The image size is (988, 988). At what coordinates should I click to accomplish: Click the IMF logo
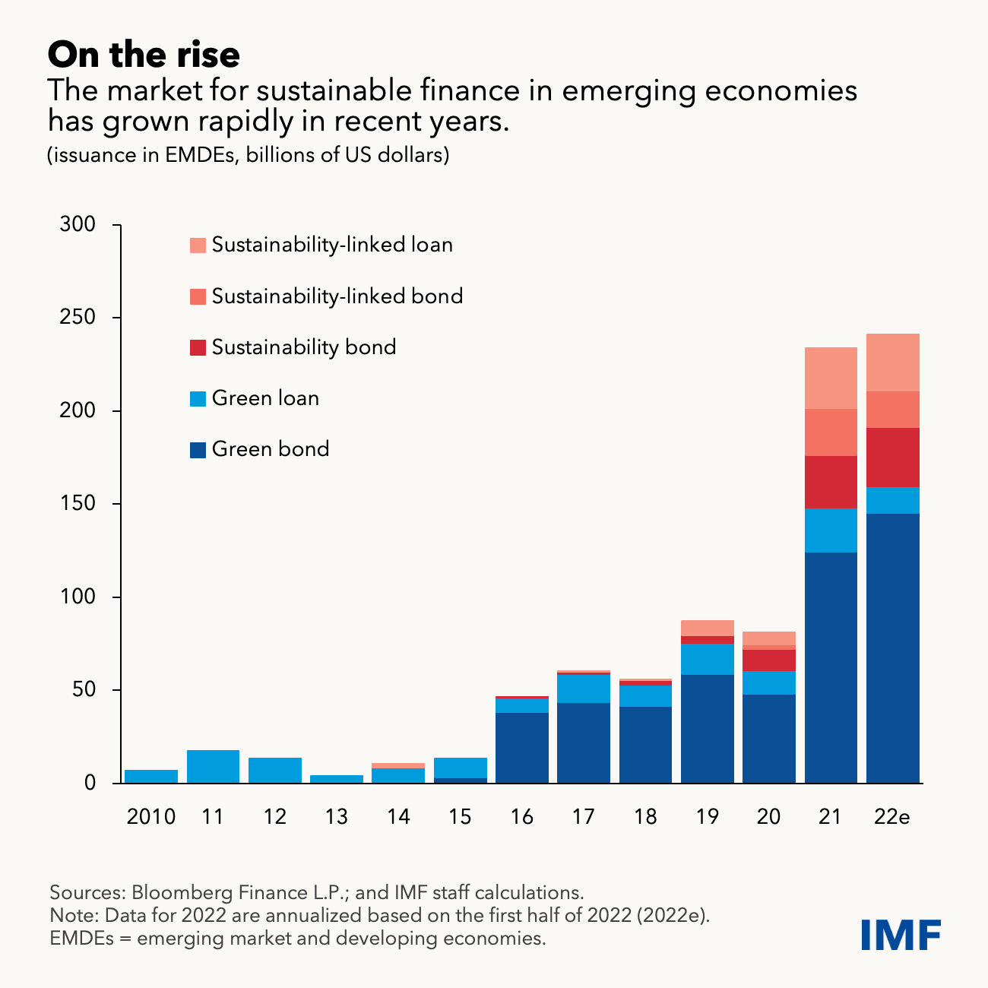(901, 934)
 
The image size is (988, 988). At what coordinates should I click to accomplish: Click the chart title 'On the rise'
(144, 55)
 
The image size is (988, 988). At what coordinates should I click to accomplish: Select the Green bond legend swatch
(198, 450)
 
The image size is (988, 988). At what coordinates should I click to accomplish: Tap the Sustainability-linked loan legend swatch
(198, 245)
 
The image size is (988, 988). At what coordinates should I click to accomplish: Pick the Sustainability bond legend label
(304, 347)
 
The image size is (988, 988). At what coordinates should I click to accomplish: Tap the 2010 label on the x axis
(150, 817)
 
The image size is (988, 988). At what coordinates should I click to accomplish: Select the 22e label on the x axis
(892, 817)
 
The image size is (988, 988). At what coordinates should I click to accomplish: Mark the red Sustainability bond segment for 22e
(893, 458)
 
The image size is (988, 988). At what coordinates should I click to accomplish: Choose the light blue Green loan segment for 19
(708, 659)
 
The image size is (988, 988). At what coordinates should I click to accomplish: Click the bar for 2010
(151, 777)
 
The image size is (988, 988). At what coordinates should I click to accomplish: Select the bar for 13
(337, 779)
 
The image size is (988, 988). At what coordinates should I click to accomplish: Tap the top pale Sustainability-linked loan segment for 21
(831, 378)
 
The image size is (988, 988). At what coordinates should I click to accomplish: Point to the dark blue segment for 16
(522, 748)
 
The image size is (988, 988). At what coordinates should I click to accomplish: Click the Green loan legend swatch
(198, 398)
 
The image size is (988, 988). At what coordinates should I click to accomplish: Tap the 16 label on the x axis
(521, 817)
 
